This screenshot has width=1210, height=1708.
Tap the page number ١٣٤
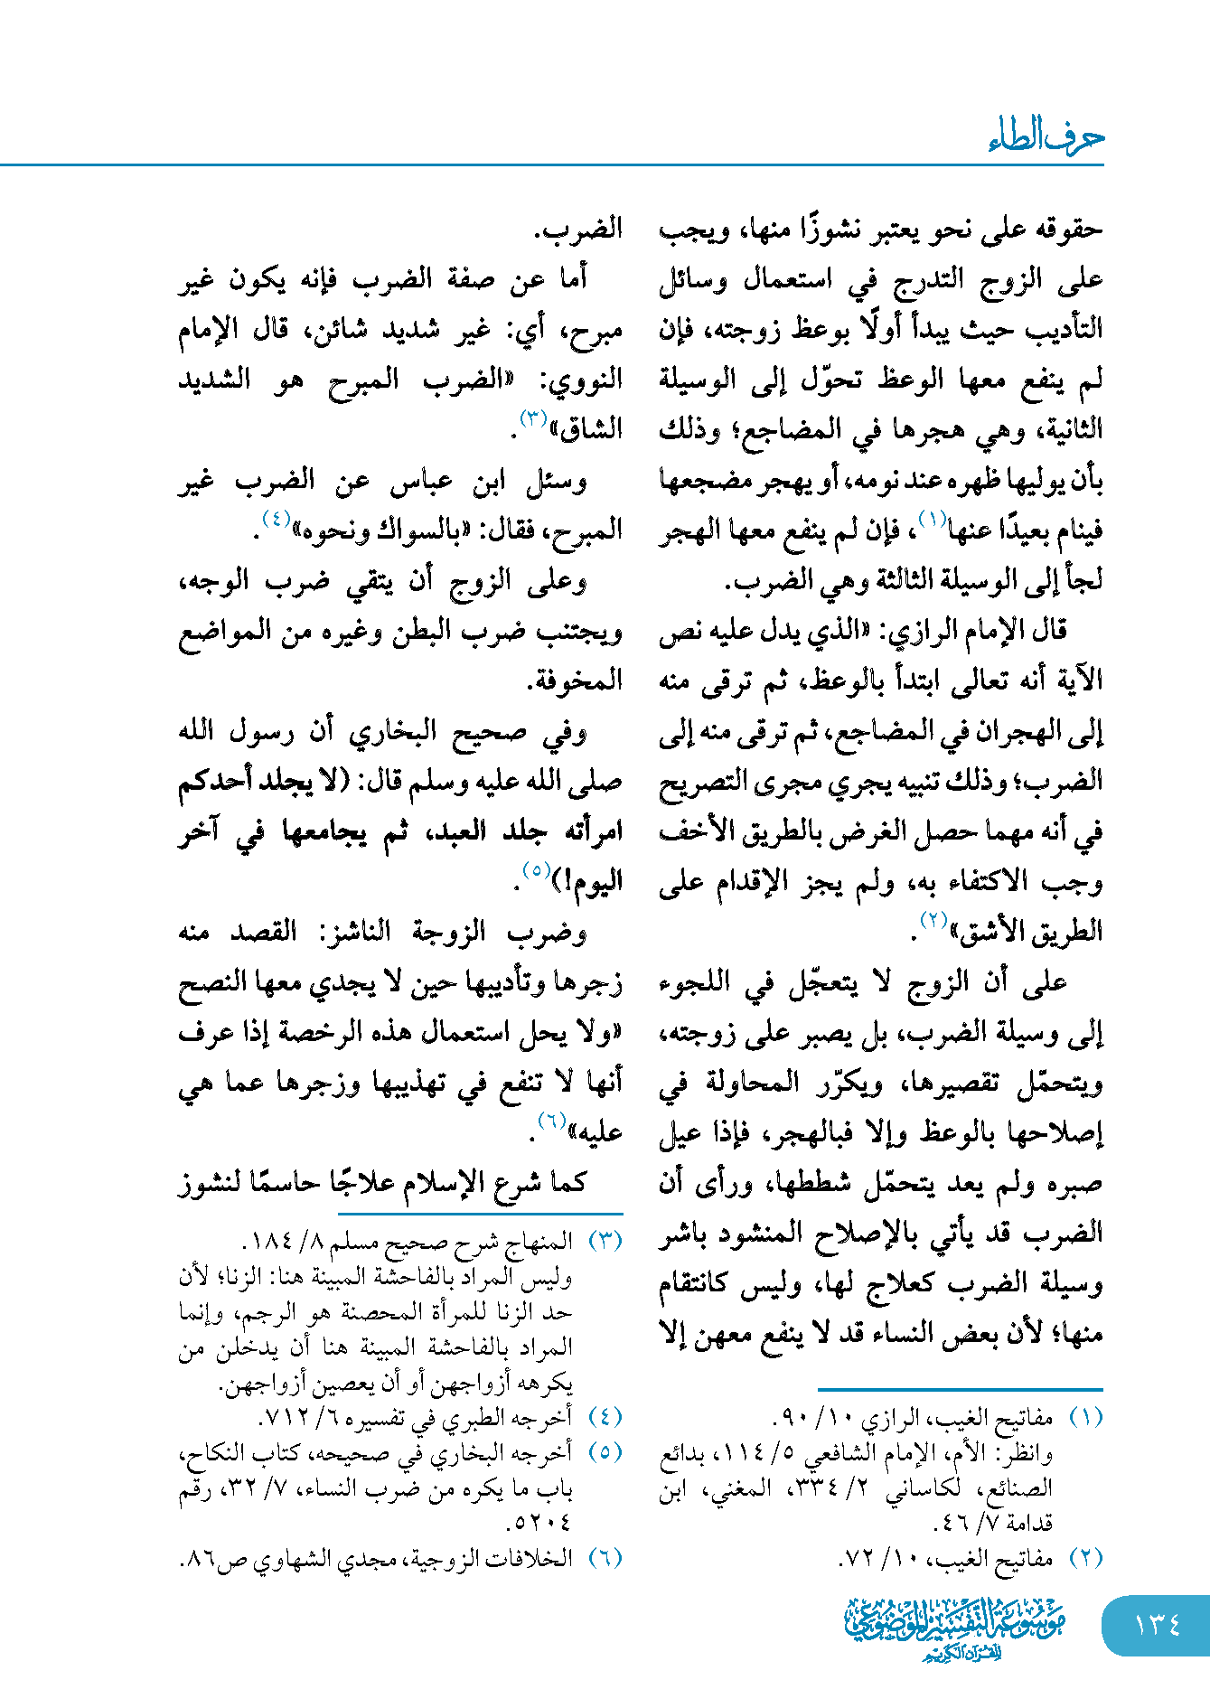(x=1158, y=1625)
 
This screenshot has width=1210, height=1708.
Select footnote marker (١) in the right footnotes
(x=1086, y=1417)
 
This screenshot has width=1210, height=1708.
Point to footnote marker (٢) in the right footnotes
(x=1086, y=1557)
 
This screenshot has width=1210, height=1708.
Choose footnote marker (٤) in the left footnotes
(x=605, y=1416)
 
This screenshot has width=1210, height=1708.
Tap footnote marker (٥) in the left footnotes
(x=605, y=1451)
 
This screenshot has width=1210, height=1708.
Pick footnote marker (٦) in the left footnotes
(x=605, y=1557)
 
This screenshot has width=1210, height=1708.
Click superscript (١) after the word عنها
(x=932, y=519)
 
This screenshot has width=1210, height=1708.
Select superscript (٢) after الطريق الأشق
(x=933, y=920)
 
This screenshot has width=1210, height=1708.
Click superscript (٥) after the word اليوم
(x=536, y=870)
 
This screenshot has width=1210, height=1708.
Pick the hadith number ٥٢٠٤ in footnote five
(x=540, y=1523)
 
